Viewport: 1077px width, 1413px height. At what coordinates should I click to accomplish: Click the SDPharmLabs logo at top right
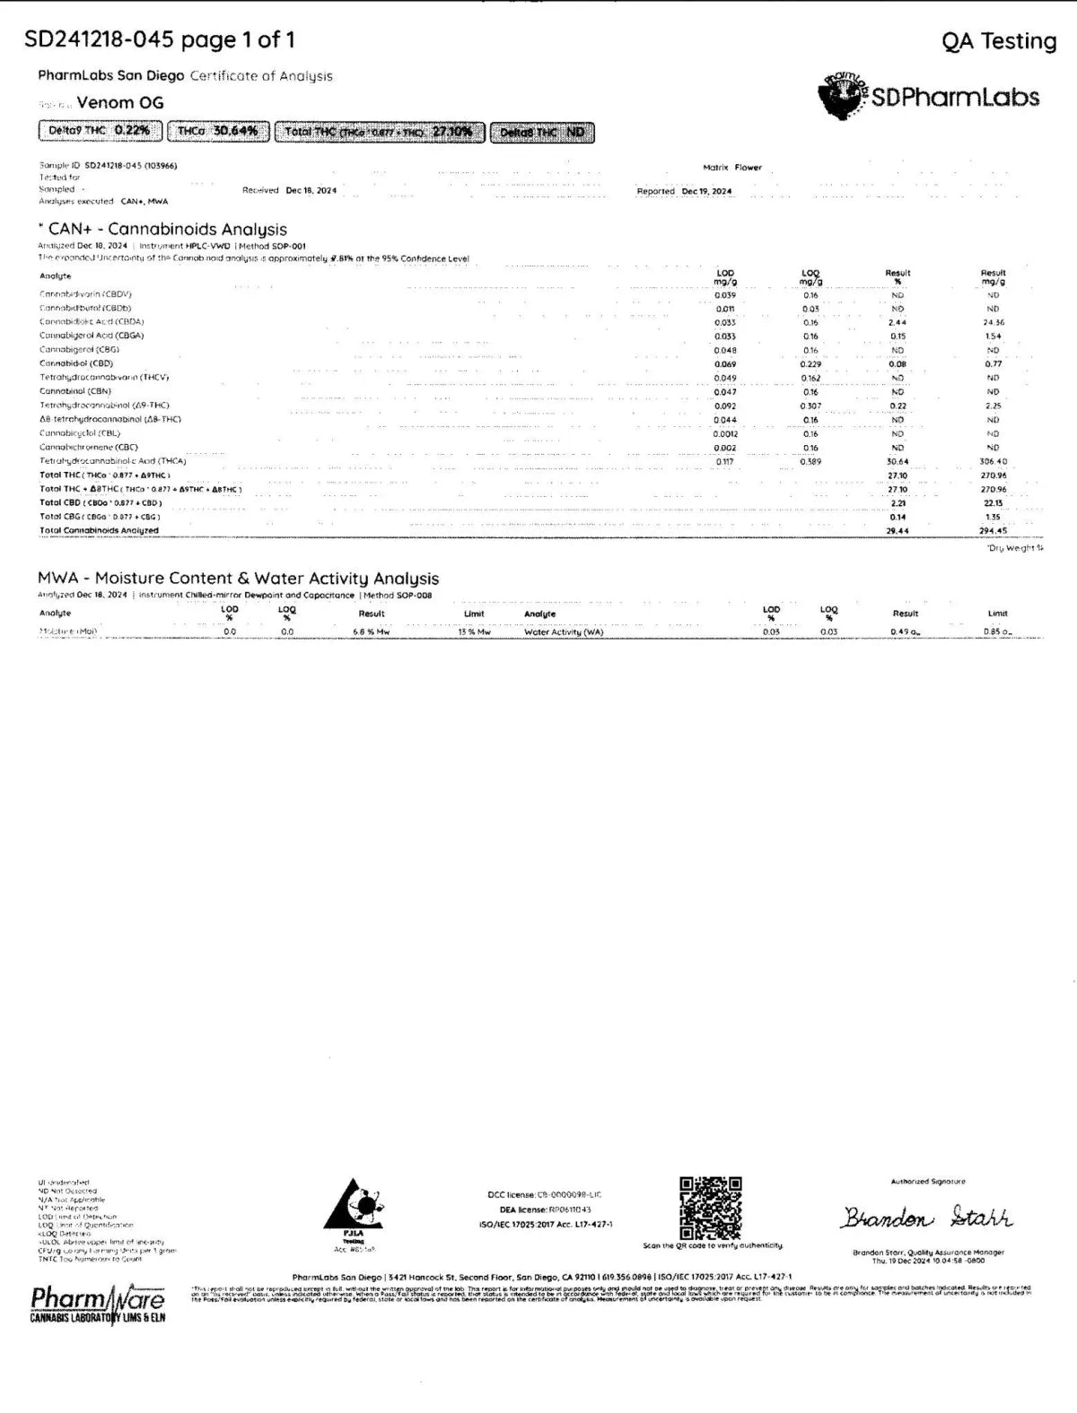point(929,97)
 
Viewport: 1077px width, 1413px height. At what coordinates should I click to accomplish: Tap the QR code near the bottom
point(710,1207)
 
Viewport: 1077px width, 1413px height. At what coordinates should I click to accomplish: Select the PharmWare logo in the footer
point(98,1304)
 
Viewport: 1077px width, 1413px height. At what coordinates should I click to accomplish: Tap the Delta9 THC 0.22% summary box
point(101,131)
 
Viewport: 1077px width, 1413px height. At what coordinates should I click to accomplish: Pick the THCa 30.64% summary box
point(218,131)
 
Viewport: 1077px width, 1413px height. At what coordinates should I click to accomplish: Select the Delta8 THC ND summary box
point(542,133)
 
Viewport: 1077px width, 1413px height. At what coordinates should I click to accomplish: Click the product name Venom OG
point(120,102)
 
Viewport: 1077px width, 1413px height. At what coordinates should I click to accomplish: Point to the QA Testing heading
point(999,41)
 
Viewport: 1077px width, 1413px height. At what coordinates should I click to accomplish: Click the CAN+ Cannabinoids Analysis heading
point(167,230)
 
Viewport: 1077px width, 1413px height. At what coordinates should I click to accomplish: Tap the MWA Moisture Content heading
point(238,579)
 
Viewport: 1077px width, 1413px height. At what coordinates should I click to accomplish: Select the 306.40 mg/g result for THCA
point(994,461)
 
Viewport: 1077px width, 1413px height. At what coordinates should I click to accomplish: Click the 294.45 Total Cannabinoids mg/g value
point(993,530)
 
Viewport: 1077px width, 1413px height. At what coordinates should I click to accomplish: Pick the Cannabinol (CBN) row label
point(75,391)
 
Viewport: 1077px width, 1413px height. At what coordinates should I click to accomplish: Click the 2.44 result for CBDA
point(897,322)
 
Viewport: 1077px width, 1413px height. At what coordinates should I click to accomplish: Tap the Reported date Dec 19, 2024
point(706,191)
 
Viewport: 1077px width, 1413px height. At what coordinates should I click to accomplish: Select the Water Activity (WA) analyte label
point(564,632)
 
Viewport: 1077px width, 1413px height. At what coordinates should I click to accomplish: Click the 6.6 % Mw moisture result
point(372,632)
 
